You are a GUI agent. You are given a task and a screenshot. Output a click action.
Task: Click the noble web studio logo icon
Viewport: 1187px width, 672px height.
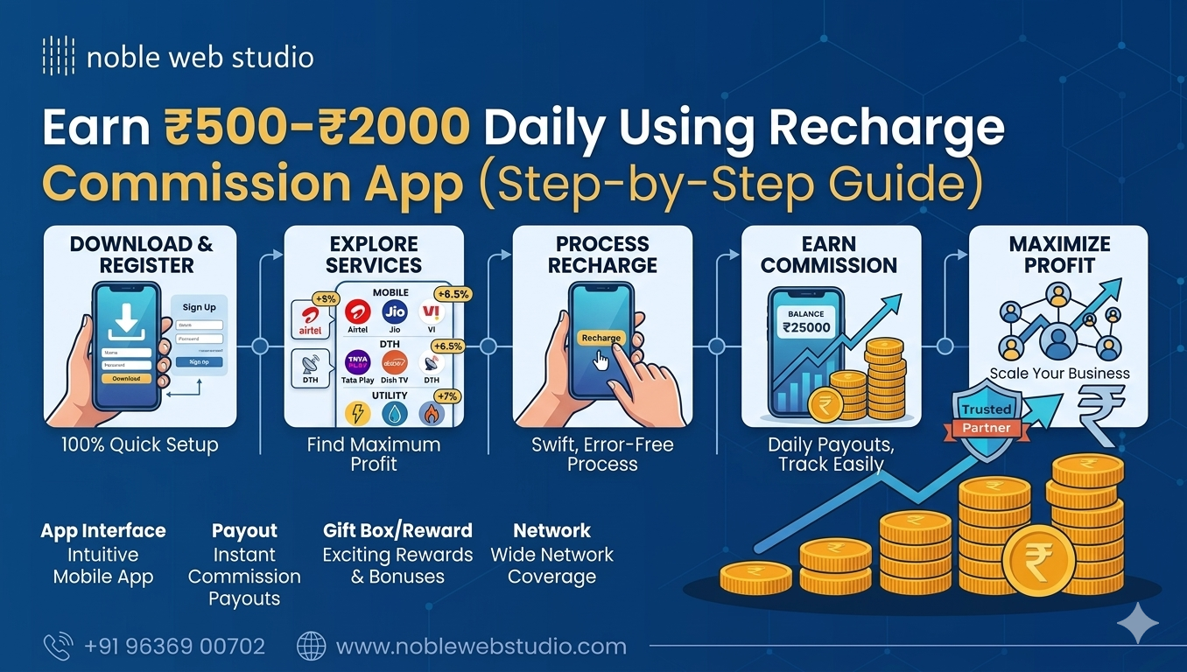(x=59, y=57)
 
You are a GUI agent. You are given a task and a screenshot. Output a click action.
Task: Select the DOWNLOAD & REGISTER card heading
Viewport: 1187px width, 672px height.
(x=141, y=255)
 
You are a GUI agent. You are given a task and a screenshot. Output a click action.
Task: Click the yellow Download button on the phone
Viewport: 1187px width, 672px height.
(x=126, y=379)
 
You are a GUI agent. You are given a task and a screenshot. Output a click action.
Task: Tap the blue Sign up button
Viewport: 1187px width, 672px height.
(x=199, y=361)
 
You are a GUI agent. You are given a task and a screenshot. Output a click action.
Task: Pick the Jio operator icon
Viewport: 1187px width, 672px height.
(x=395, y=313)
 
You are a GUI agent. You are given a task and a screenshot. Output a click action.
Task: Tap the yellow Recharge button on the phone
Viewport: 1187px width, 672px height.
(x=601, y=338)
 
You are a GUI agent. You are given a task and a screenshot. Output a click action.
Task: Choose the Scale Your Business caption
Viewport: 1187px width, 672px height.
(x=1059, y=374)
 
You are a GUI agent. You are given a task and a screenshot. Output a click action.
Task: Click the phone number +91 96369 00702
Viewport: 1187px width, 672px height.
(x=174, y=647)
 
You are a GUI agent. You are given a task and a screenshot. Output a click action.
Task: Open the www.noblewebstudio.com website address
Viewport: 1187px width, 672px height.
(x=481, y=647)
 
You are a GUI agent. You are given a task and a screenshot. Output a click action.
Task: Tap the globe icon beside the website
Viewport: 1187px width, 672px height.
(x=312, y=647)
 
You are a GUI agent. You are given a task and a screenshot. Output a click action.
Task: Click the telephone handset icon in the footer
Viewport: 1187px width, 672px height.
(x=58, y=647)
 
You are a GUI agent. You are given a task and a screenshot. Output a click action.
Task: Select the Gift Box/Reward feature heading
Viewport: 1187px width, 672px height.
(x=397, y=530)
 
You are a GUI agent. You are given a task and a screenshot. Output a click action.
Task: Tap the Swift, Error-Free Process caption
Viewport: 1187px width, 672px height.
(x=602, y=454)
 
